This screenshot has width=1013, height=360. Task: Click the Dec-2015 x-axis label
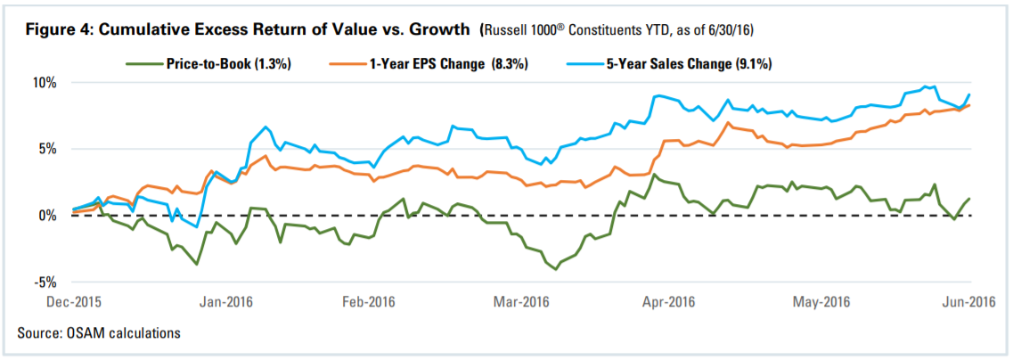(72, 301)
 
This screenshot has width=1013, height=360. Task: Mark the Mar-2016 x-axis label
(520, 301)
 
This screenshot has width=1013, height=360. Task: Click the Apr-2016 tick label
(669, 301)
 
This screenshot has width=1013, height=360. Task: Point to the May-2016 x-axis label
(820, 301)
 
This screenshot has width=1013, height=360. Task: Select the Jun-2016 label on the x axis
(968, 301)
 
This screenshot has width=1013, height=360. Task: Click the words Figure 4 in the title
(54, 30)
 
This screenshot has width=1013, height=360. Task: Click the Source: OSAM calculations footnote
(98, 332)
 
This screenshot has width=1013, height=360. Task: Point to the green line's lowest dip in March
(557, 269)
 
